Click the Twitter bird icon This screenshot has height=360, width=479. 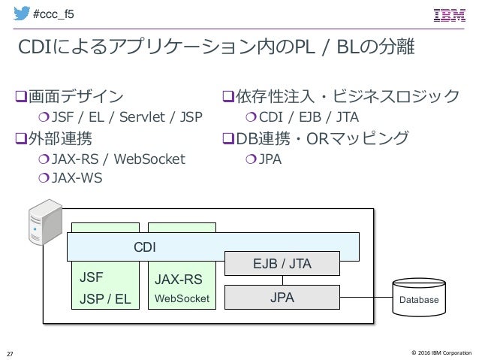click(21, 13)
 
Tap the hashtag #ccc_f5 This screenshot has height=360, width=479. click(53, 14)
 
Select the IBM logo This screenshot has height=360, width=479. click(450, 15)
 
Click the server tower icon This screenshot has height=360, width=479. click(46, 222)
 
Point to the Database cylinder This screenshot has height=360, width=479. click(419, 297)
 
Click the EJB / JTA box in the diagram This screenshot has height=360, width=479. click(282, 263)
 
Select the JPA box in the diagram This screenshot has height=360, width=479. click(282, 298)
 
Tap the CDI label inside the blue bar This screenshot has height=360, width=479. click(145, 247)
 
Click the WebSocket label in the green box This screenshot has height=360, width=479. click(182, 298)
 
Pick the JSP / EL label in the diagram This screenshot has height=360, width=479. click(105, 299)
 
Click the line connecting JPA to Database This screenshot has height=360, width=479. click(366, 297)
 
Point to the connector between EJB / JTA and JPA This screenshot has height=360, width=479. click(282, 280)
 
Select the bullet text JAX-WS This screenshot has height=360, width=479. click(77, 177)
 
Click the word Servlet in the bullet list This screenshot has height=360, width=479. click(142, 116)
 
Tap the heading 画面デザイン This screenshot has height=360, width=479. click(76, 96)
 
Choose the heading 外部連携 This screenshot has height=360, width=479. click(60, 138)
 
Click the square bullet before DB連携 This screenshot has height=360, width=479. click(228, 138)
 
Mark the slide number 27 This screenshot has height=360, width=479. click(10, 354)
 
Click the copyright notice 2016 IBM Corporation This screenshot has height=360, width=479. click(441, 352)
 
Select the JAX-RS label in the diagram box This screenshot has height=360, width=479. click(179, 280)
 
